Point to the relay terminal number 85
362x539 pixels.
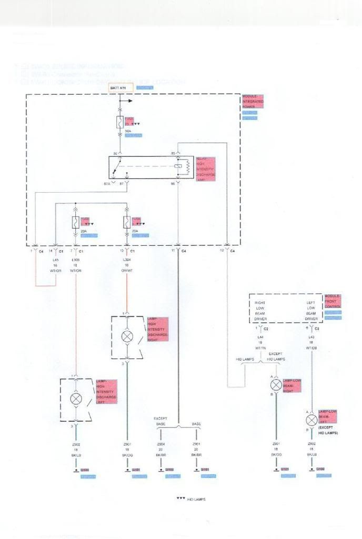173,153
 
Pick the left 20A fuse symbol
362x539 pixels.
76,222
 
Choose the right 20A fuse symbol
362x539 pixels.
127,222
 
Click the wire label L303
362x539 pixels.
76,260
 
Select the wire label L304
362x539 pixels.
127,260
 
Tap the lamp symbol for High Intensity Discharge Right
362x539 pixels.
127,336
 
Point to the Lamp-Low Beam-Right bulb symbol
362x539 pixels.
275,385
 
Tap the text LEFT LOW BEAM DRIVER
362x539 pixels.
311,311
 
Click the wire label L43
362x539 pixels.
313,336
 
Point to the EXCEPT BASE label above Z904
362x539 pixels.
160,421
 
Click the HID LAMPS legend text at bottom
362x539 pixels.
196,499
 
